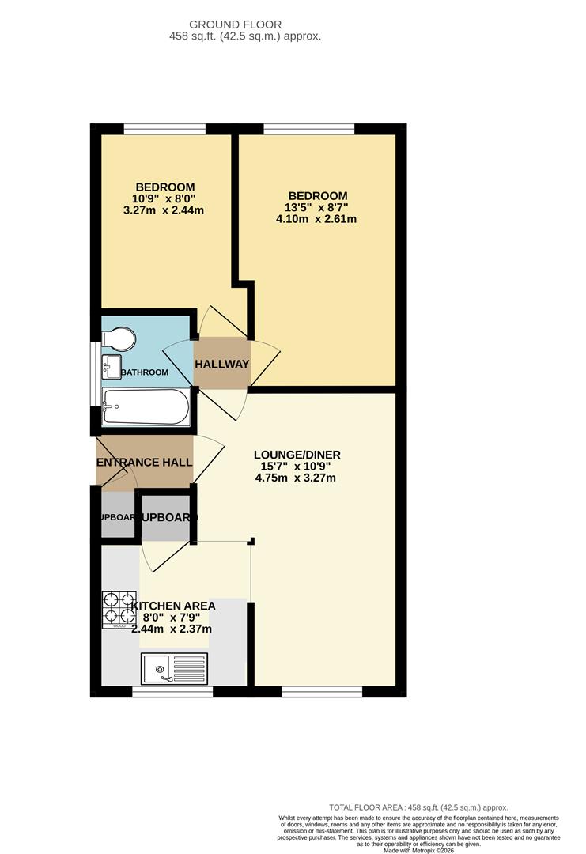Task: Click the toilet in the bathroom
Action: [120, 338]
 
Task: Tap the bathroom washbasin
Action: [111, 366]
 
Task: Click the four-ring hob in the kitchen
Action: [119, 609]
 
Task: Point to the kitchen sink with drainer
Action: [173, 668]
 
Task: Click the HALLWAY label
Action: [222, 364]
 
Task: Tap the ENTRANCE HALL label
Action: [144, 462]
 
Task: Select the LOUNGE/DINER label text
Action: [297, 455]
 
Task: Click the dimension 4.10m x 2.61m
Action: [316, 219]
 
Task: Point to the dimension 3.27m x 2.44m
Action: [164, 210]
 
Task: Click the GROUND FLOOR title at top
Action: [247, 25]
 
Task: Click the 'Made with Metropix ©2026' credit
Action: [418, 850]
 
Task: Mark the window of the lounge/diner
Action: [321, 692]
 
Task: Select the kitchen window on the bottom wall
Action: [172, 692]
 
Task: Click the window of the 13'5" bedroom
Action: [309, 128]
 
